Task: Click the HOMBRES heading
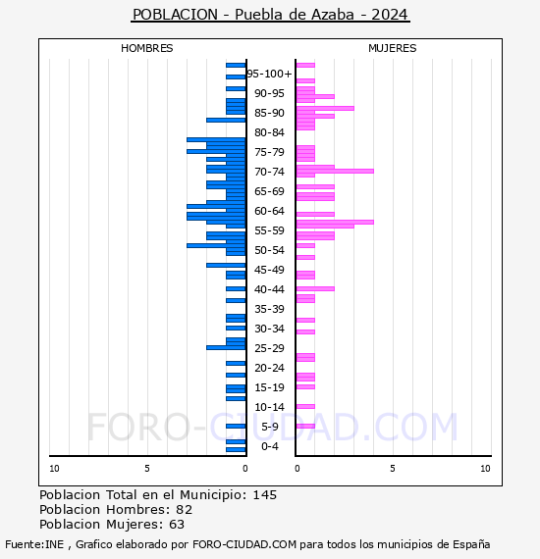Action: tap(146, 48)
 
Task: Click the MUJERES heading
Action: tap(393, 48)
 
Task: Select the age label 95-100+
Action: tap(269, 74)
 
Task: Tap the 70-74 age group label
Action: tap(269, 172)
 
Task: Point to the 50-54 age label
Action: tap(269, 250)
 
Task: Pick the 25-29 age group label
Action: tap(269, 348)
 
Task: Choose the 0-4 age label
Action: tap(270, 446)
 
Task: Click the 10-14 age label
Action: tap(269, 407)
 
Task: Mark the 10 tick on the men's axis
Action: tap(54, 469)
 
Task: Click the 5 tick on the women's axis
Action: tap(393, 469)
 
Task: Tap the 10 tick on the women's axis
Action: tap(485, 469)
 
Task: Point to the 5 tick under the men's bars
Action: tap(147, 469)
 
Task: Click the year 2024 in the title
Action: tap(390, 15)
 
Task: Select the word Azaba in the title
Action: tap(333, 15)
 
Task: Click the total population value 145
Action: tap(265, 495)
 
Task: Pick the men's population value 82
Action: tap(185, 509)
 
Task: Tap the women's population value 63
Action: tap(177, 524)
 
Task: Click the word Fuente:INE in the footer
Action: tap(34, 544)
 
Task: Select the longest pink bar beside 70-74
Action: tap(335, 171)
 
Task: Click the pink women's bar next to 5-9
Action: tap(305, 426)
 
